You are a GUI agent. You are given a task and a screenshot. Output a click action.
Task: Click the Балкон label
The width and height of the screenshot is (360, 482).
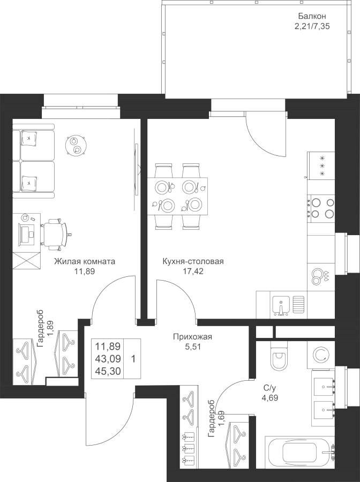pos(312,16)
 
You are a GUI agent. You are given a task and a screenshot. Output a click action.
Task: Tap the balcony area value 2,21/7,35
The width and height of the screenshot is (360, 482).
pos(312,26)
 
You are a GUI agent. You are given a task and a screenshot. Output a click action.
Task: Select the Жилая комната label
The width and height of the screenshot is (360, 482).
pos(85,261)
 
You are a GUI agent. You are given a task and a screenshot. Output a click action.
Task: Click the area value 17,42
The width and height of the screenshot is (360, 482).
pos(193,272)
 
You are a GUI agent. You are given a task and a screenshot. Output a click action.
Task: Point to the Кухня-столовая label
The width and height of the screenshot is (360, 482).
pos(193,261)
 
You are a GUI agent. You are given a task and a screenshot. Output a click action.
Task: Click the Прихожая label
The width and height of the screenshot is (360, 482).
pos(192,337)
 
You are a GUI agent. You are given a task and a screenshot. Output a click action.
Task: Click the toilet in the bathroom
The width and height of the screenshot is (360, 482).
pos(279,357)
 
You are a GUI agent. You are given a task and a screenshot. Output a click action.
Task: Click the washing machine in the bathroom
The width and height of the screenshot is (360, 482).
pos(321,355)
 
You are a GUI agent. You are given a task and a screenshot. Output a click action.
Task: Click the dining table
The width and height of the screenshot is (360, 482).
pos(177,196)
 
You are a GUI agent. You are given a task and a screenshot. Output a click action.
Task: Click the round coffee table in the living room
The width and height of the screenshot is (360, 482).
pos(76,145)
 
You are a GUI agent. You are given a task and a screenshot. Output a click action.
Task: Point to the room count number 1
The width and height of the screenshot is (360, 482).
pos(133,358)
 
